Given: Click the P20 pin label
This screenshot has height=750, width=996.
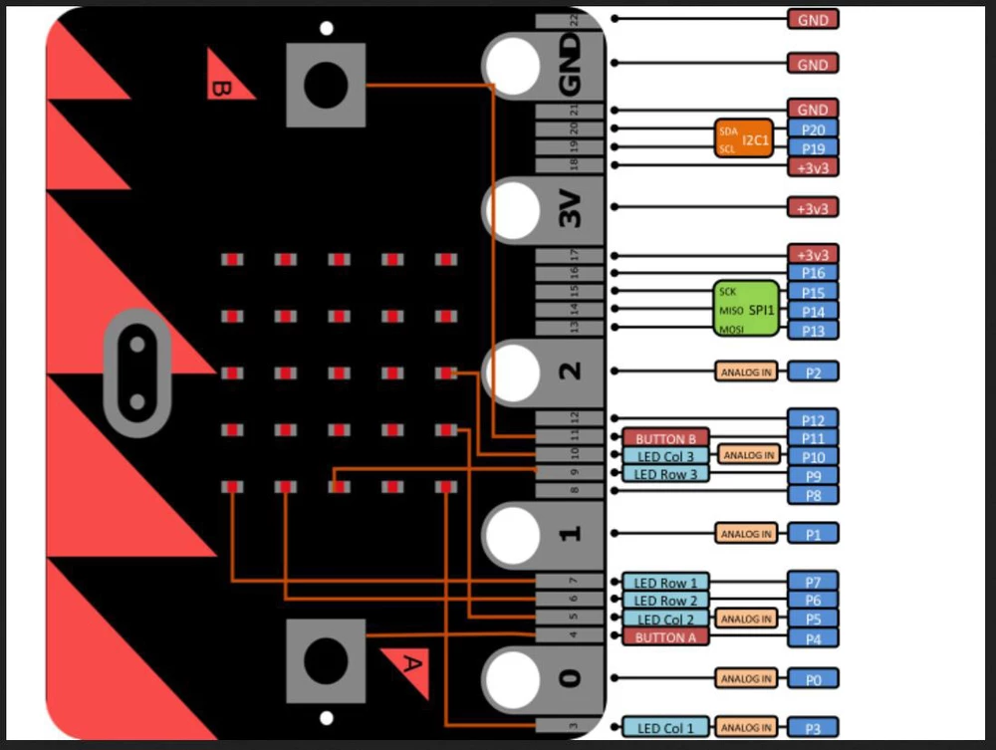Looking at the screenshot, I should click(813, 128).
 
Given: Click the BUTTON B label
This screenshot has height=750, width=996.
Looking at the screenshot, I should click(665, 438).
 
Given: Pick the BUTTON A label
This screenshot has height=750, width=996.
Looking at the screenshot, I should click(665, 637).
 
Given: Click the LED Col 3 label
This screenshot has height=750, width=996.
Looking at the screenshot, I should click(665, 456).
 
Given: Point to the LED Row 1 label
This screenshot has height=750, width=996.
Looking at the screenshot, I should click(665, 582).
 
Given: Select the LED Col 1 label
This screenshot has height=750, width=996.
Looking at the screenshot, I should click(665, 727).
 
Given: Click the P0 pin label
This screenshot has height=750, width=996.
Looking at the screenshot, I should click(813, 679).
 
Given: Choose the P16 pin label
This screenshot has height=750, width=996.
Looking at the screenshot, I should click(813, 273).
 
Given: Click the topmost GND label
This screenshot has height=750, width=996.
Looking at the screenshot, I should click(813, 19).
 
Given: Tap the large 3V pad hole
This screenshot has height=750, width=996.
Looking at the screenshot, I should click(513, 209).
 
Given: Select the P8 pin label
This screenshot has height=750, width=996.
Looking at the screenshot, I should click(813, 494).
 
